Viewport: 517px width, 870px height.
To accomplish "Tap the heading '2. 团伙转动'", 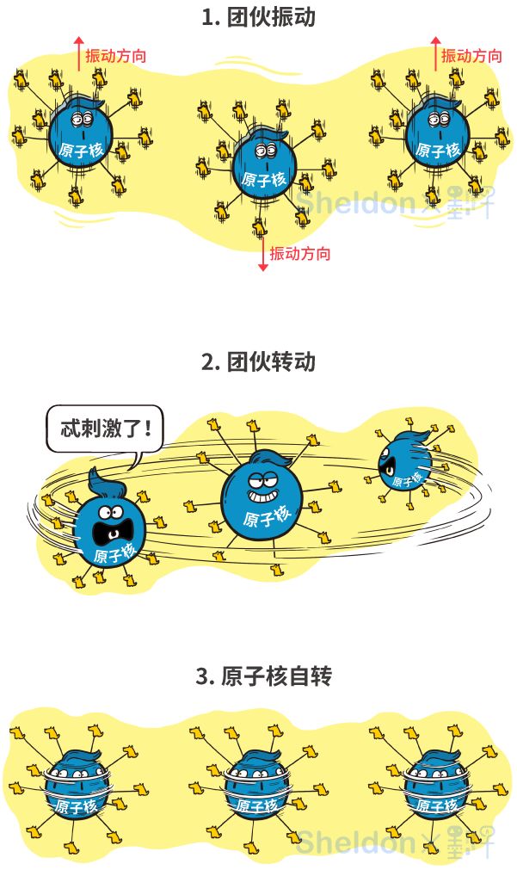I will pos(258,361).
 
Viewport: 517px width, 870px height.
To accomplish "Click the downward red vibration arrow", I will pos(263,256).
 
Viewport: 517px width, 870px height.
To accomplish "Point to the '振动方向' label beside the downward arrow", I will pos(300,253).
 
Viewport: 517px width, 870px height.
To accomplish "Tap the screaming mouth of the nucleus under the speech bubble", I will pos(112,521).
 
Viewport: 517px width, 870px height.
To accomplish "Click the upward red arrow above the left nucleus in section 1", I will pos(79,53).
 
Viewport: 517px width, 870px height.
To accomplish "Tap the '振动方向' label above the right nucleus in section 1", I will pos(471,56).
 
